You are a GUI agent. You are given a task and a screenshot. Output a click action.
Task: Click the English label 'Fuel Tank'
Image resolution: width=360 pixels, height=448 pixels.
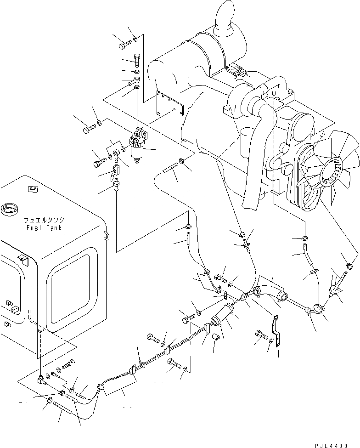pyautogui.click(x=44, y=228)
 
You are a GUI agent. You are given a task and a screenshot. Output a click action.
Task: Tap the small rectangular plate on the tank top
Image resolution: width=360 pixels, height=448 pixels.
pyautogui.click(x=32, y=188)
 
